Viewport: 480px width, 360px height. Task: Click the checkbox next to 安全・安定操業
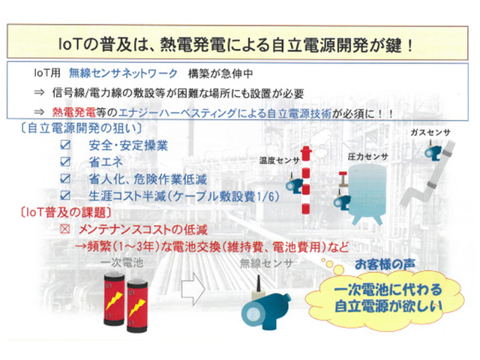pos(65,145)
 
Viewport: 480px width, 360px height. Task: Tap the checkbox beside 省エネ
pos(65,162)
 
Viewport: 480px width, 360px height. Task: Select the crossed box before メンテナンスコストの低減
pos(65,229)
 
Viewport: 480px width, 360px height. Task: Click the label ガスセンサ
pos(430,133)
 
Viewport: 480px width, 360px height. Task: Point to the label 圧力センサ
pos(367,157)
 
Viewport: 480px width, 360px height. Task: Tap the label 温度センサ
pos(279,160)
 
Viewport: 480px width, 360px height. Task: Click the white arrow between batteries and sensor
pos(193,289)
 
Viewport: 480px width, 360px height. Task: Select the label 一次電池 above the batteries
pos(121,262)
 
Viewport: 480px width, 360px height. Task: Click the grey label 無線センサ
pos(266,263)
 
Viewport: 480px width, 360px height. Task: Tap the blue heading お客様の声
pos(385,265)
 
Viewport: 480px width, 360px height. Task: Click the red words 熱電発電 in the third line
pos(74,112)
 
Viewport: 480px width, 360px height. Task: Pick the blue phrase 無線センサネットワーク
pos(123,73)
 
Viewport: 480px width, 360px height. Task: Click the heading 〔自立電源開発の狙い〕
pos(81,128)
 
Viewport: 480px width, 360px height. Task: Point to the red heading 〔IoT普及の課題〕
pos(65,212)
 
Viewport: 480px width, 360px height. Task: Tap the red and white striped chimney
pos(306,181)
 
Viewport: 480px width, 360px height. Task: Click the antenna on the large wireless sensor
pos(258,283)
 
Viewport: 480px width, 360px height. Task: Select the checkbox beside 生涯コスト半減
pos(65,195)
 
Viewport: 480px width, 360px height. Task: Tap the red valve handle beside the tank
pos(343,175)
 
